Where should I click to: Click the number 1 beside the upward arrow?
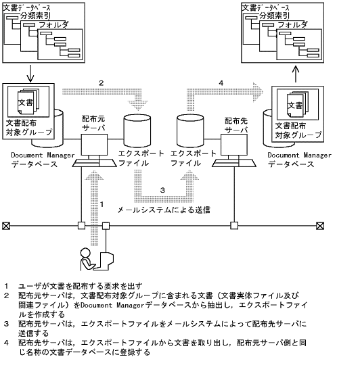coord(102,204)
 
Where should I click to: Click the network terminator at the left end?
coord(6,226)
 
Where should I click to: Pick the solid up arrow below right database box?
coord(296,71)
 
